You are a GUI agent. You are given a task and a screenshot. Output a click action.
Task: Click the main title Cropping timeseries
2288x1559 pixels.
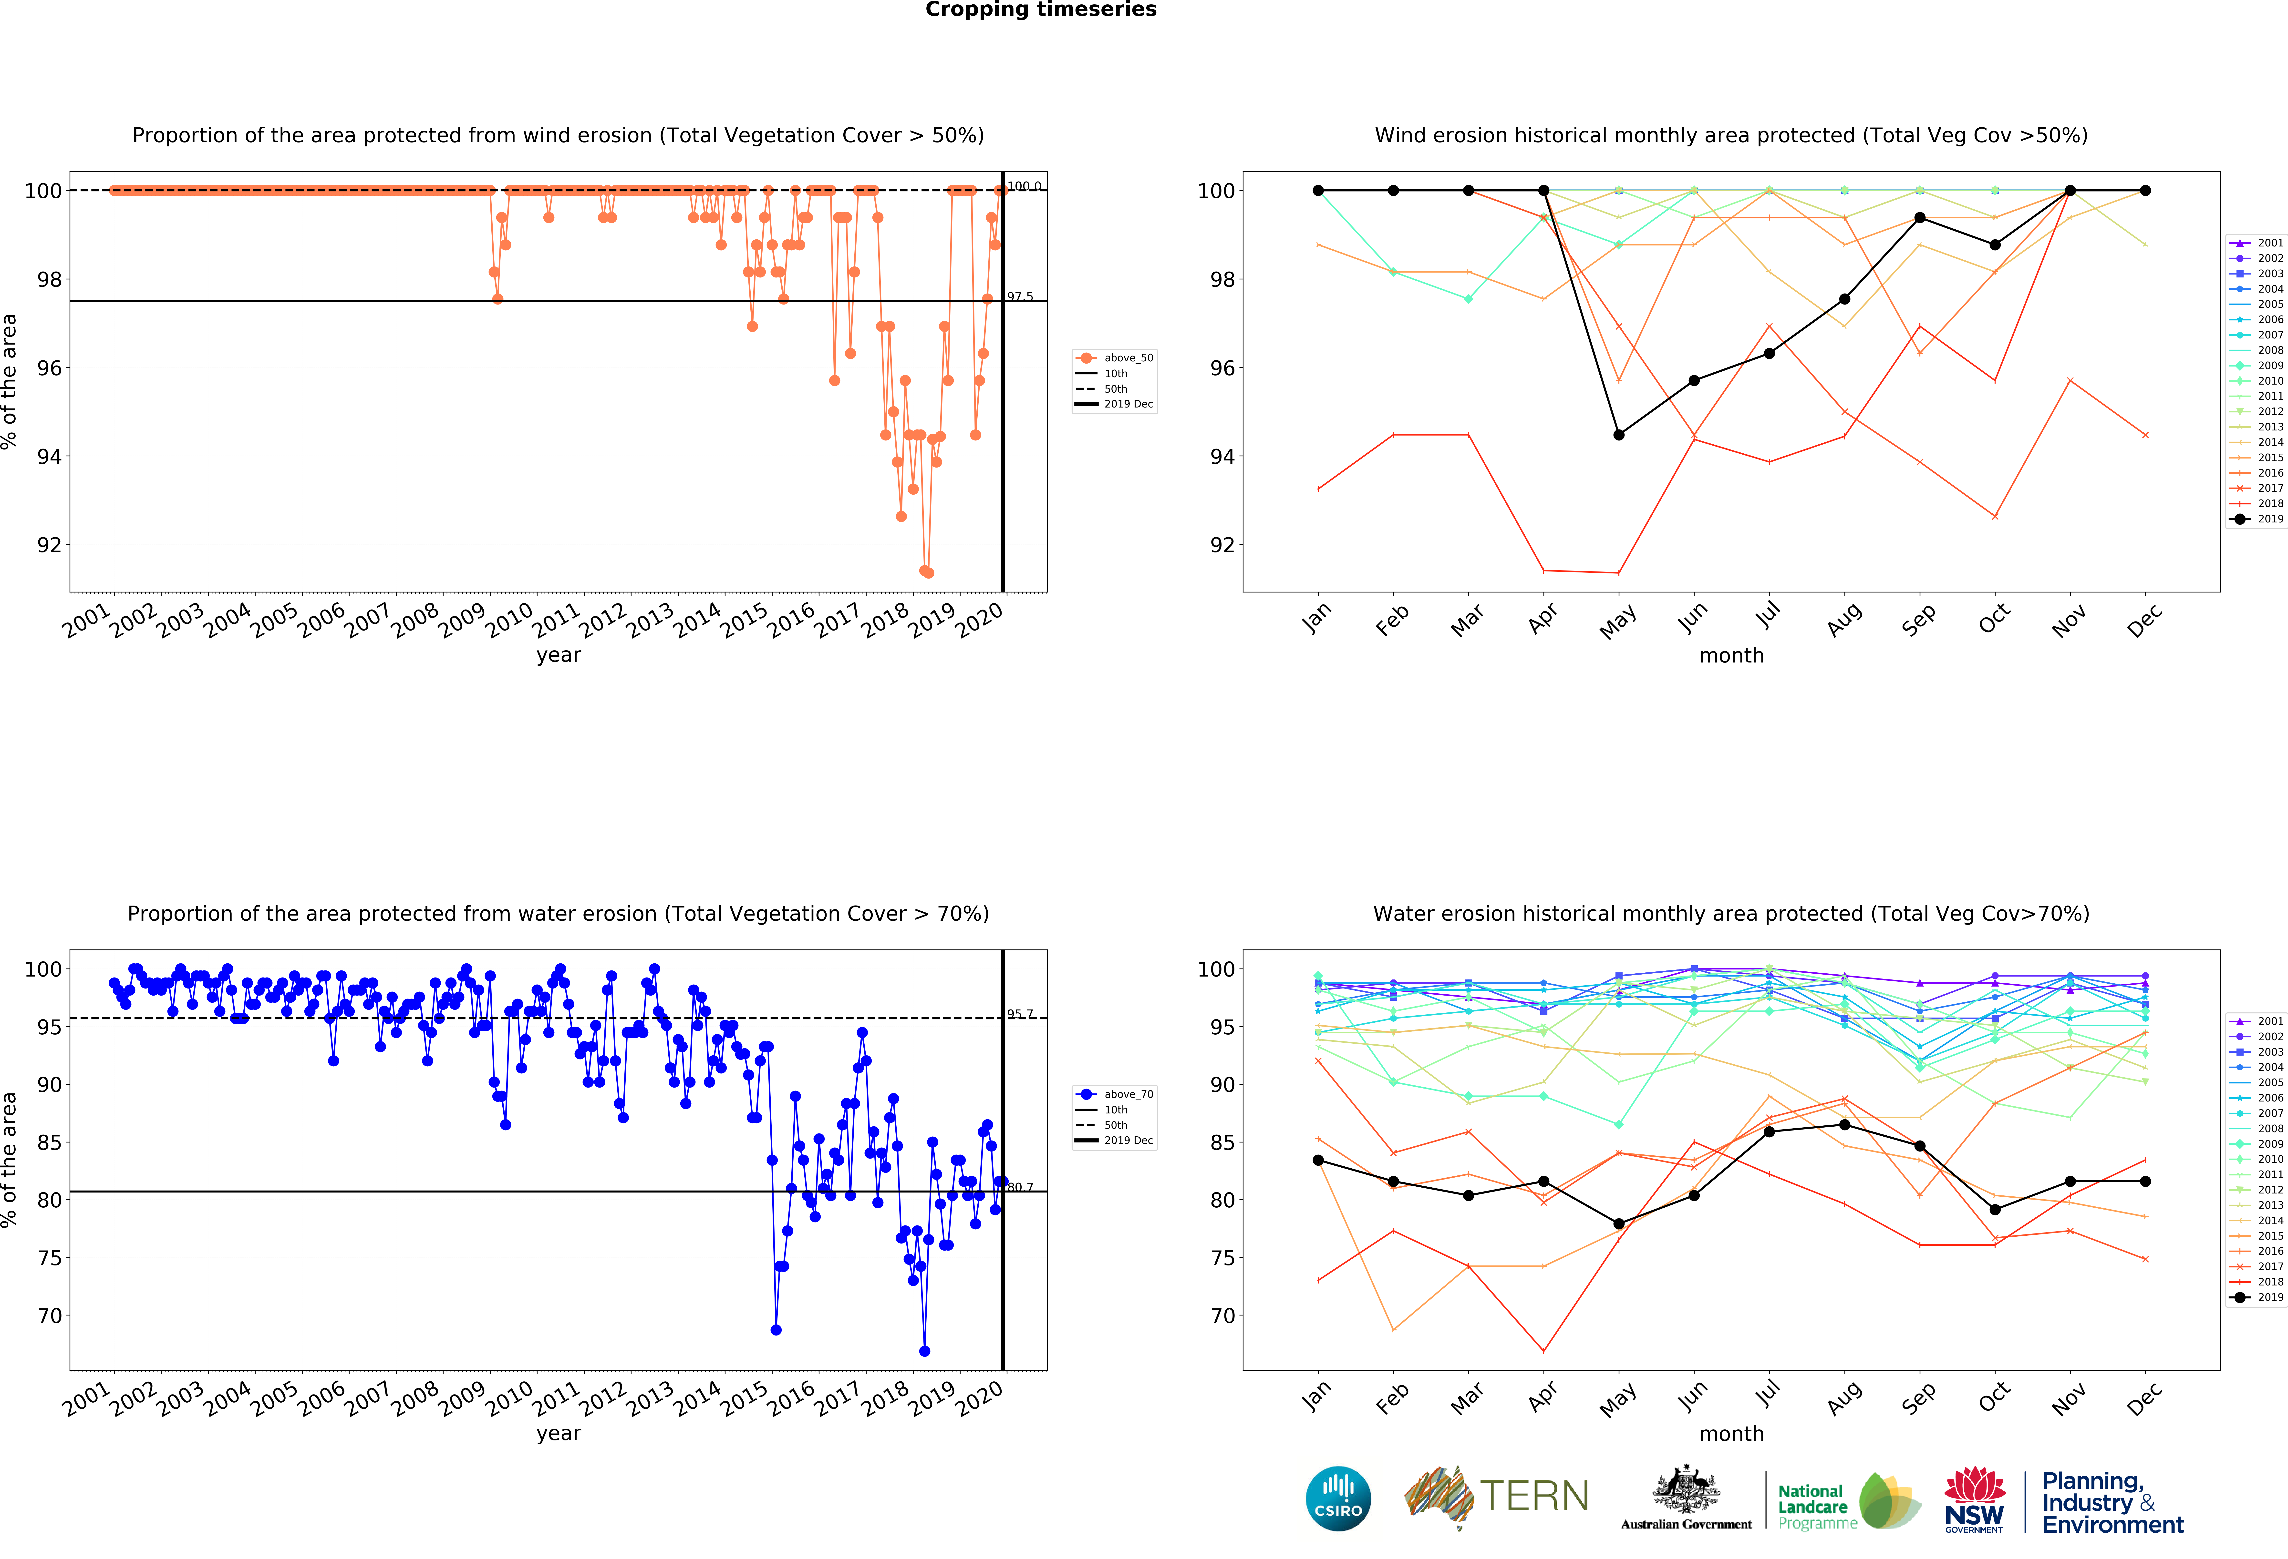click(x=1041, y=10)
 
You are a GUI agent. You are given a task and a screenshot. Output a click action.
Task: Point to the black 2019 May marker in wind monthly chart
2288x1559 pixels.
click(x=1618, y=434)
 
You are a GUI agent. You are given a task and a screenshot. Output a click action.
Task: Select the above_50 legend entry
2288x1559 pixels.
click(x=1115, y=358)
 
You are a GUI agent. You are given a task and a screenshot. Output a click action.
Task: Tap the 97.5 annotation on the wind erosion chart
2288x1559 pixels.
click(x=1020, y=296)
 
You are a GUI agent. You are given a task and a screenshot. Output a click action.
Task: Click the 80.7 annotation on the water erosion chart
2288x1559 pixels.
click(x=1020, y=1187)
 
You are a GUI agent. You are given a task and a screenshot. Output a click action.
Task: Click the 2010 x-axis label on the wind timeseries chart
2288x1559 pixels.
click(x=509, y=620)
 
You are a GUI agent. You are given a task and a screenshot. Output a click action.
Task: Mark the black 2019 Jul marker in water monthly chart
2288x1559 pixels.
click(x=1769, y=1132)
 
